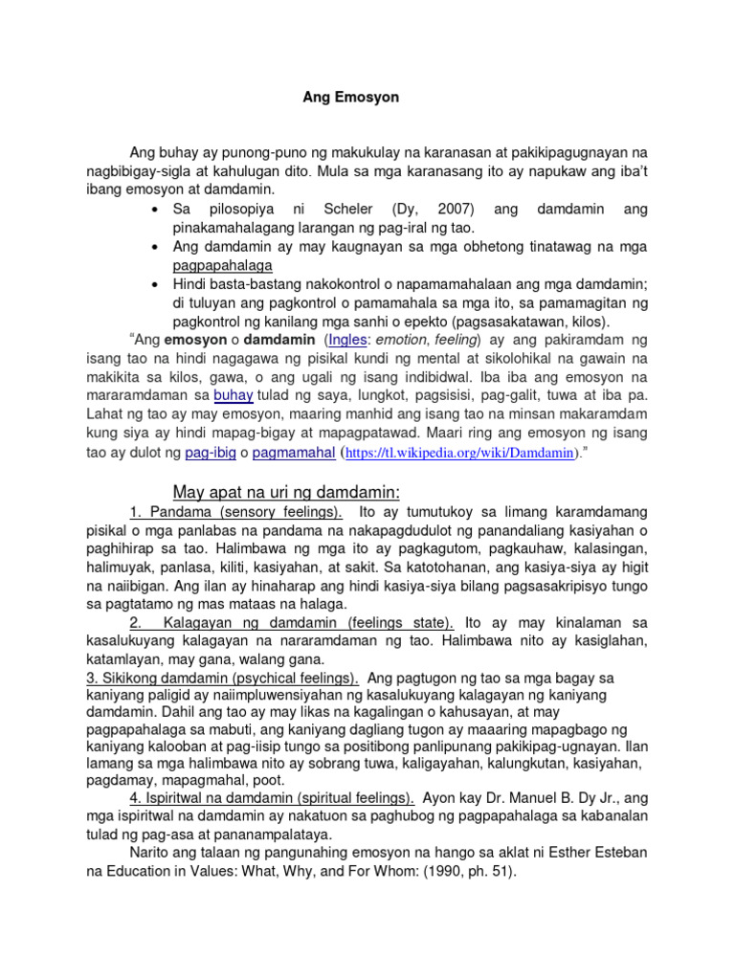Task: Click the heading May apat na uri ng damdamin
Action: coord(285,492)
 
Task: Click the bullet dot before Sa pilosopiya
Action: coord(154,209)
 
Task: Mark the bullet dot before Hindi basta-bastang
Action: coord(154,284)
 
